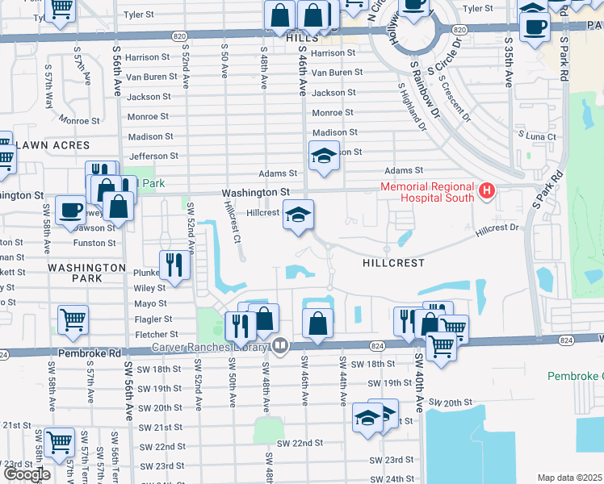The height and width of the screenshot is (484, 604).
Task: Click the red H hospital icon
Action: (486, 191)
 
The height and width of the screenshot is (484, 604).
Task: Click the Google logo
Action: (27, 474)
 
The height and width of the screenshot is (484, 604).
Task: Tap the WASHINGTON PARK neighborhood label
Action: (86, 272)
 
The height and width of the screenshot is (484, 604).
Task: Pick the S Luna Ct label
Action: (537, 136)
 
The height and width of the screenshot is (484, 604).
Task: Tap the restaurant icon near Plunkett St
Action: (174, 263)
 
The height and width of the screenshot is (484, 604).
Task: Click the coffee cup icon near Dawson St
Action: (70, 210)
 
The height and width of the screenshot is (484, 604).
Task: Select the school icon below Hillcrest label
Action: (298, 215)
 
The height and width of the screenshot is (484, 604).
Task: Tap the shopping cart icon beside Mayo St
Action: (73, 319)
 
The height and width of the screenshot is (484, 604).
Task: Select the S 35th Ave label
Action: (508, 63)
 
